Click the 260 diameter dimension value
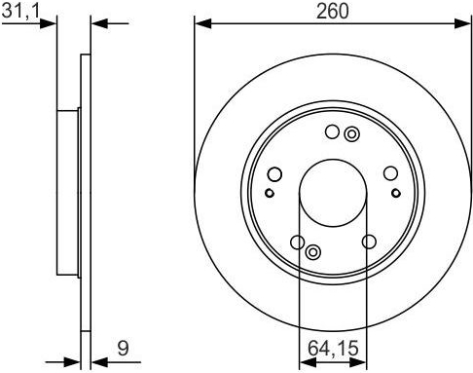[333, 11]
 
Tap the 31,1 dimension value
[20, 11]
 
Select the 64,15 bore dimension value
[333, 348]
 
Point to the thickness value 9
[123, 348]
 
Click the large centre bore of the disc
[333, 193]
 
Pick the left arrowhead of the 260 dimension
[203, 23]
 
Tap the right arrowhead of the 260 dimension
[462, 23]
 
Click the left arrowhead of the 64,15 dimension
[308, 362]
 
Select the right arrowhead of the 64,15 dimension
[358, 362]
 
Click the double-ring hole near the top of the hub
[351, 134]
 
